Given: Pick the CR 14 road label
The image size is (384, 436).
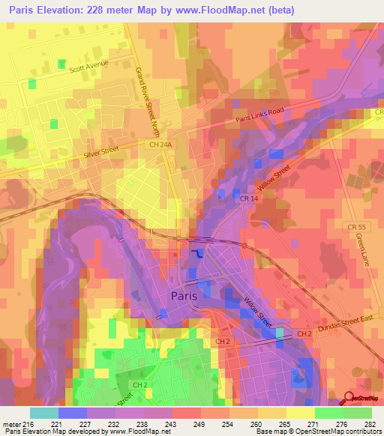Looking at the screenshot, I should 250,198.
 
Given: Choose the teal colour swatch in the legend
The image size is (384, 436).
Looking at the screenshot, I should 44,412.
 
